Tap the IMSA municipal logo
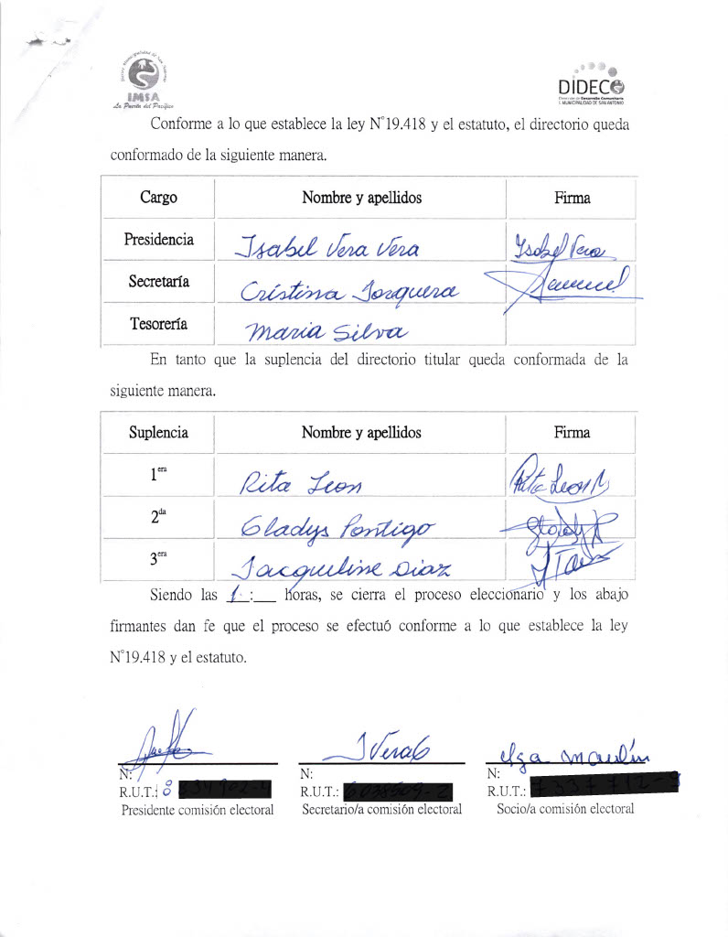tap(145, 80)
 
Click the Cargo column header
tap(158, 198)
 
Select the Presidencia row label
tap(158, 240)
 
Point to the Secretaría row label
tap(158, 282)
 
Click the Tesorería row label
tap(158, 323)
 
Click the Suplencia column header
tap(158, 433)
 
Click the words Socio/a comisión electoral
tap(564, 809)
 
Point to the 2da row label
tap(158, 517)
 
